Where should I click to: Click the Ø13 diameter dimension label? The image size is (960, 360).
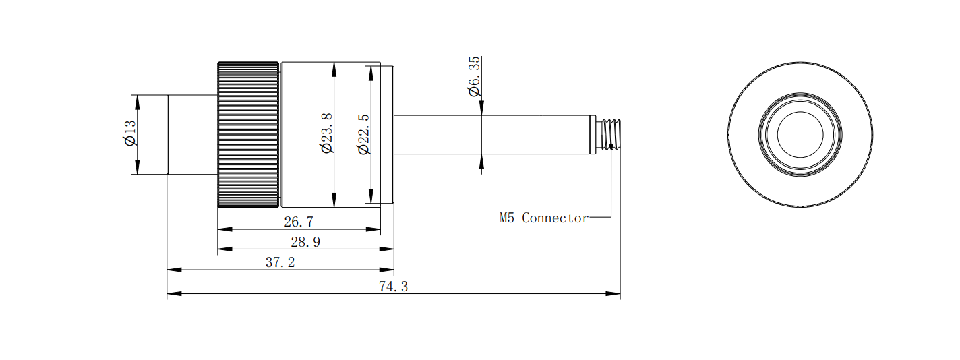(130, 133)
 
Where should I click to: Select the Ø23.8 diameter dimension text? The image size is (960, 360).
(326, 133)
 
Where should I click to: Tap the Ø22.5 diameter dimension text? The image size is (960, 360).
(363, 133)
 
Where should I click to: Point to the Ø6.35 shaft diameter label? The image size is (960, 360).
(474, 76)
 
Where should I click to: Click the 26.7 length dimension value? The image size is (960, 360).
(299, 222)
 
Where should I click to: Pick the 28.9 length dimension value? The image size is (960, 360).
(305, 242)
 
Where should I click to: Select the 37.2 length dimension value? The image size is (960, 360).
(280, 262)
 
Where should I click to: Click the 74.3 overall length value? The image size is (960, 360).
(394, 287)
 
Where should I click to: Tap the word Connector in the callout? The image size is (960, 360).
(556, 218)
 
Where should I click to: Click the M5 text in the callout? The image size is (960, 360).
(506, 218)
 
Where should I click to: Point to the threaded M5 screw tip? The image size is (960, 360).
(611, 135)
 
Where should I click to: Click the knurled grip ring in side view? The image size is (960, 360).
(248, 135)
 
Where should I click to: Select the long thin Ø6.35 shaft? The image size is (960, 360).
(491, 135)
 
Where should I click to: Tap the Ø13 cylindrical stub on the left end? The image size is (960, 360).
(192, 135)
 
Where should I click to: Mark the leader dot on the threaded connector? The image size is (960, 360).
(611, 146)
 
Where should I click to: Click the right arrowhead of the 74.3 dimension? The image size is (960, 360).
(613, 293)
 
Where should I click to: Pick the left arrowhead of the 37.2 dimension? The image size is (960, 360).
(174, 270)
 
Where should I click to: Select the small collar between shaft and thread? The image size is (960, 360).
(593, 135)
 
